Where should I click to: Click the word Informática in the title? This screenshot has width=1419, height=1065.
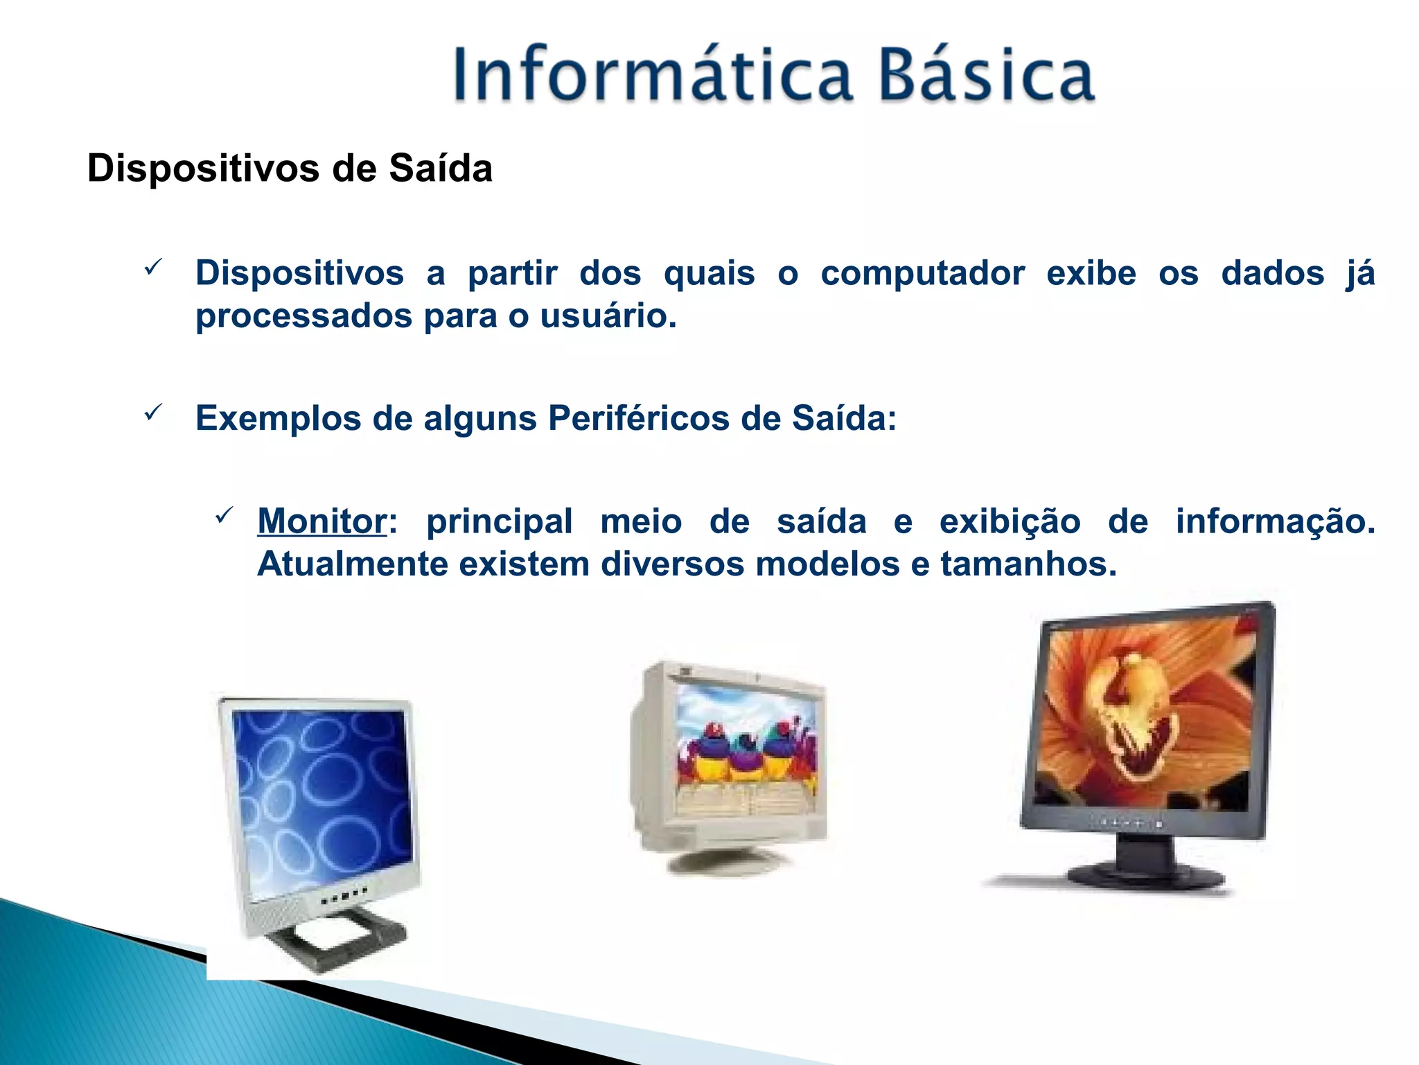pos(651,75)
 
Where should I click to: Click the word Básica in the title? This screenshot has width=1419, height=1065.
pos(987,75)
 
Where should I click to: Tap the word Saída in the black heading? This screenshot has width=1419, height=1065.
pos(441,168)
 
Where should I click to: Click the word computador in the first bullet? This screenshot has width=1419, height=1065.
pos(922,273)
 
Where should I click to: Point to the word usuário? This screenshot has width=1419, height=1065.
pos(608,316)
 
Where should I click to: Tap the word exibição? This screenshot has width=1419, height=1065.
pos(1010,521)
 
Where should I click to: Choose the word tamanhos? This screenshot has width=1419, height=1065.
pos(1028,564)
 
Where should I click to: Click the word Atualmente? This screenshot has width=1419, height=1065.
pos(352,564)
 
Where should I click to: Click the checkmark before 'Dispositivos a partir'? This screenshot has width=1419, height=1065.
pos(153,267)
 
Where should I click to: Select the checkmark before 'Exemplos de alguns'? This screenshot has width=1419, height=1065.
pos(153,413)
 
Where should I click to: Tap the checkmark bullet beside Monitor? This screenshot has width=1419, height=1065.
pos(224,515)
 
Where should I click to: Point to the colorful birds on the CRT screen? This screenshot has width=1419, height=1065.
pos(745,752)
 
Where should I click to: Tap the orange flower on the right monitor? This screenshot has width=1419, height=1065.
pos(1143,714)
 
